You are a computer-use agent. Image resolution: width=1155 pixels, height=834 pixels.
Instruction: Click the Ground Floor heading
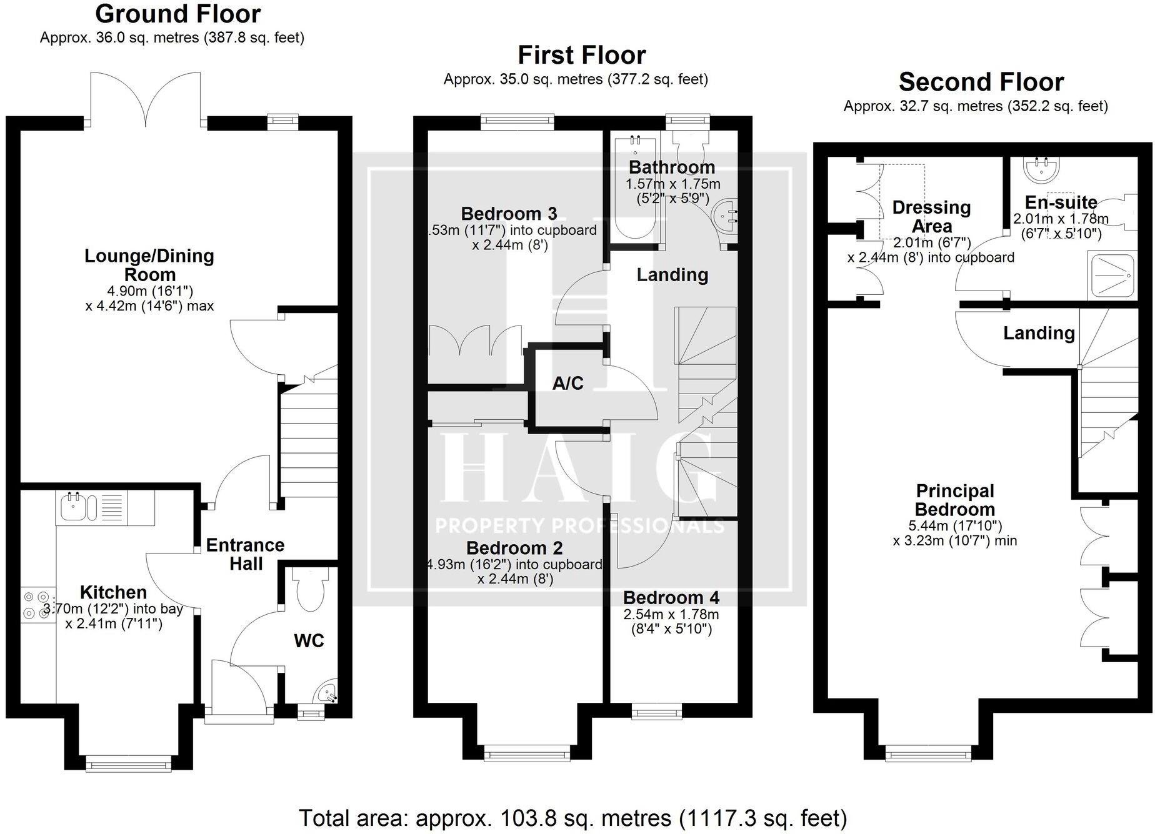[x=178, y=14]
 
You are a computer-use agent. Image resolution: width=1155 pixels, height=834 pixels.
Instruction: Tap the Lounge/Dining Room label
[x=149, y=265]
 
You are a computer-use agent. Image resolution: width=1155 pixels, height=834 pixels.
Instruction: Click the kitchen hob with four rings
[x=37, y=605]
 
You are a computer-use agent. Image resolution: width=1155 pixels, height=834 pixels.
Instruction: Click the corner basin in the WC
[x=327, y=693]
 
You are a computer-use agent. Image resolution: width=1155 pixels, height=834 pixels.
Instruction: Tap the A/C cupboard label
[x=567, y=383]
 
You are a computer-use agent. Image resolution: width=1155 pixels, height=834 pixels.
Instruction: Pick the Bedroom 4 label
[x=671, y=598]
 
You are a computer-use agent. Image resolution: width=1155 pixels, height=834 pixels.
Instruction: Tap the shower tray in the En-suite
[x=1112, y=276]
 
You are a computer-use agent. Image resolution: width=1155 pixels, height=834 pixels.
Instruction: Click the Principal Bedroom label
[x=955, y=500]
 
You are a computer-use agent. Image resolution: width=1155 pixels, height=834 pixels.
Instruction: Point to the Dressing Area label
[x=931, y=217]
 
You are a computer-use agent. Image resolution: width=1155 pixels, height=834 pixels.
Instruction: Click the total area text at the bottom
[x=572, y=817]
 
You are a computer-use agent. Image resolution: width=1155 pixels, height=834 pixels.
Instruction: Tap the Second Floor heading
[x=981, y=82]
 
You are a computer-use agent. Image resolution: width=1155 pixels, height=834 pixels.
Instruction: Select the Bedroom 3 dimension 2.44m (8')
[x=510, y=245]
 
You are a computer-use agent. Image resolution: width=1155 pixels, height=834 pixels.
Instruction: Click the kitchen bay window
[x=128, y=763]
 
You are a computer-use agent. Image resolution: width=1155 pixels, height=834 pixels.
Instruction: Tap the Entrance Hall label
[x=246, y=554]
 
